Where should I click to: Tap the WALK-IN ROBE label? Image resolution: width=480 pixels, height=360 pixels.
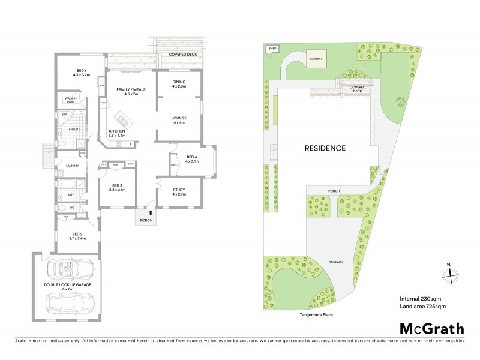click(x=74, y=100)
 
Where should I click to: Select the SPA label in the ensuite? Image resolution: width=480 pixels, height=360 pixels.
click(x=64, y=114)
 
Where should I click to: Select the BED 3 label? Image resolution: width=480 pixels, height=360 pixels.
click(x=117, y=187)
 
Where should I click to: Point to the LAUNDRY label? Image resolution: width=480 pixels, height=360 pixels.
click(x=72, y=167)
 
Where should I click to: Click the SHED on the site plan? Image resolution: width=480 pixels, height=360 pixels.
click(x=272, y=49)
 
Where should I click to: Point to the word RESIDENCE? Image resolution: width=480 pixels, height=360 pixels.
click(x=325, y=148)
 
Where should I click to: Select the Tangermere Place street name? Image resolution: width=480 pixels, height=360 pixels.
click(x=311, y=314)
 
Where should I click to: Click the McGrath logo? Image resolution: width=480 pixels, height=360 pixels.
click(x=432, y=328)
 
